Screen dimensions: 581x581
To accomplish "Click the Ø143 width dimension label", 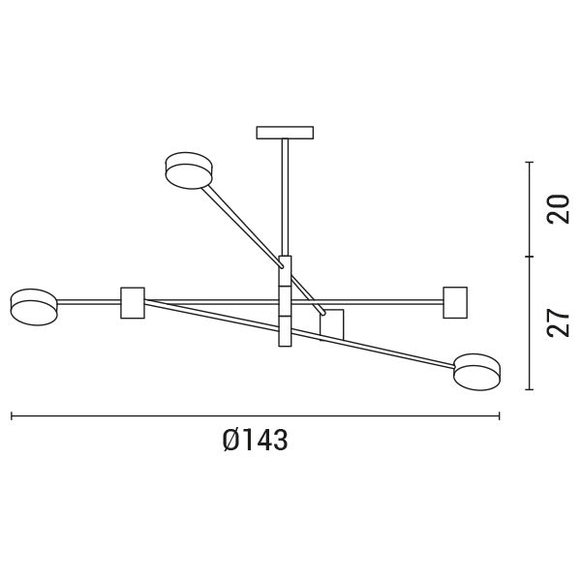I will (256, 441).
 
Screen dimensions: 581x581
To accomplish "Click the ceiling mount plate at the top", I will (285, 132).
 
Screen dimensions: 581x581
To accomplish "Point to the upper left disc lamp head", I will (189, 169).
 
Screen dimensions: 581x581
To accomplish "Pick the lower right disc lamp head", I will (478, 372).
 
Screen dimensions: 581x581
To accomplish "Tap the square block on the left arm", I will (132, 302).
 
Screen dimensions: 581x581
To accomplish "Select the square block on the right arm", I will (454, 301).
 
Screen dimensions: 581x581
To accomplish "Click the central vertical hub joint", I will (285, 300).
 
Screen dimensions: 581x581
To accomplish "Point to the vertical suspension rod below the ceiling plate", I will (285, 194).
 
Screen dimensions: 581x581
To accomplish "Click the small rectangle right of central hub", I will (333, 323).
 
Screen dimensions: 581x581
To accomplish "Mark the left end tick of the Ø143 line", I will (11, 416).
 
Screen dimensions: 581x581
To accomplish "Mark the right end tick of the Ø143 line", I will (500, 416).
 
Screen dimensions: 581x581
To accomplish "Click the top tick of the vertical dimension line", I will (530, 162).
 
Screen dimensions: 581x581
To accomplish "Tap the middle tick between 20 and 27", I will (530, 257).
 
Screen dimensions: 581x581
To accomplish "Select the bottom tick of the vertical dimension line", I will (530, 389).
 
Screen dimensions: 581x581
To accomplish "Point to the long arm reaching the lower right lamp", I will (387, 345).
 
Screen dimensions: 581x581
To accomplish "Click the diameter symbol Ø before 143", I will (230, 441).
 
